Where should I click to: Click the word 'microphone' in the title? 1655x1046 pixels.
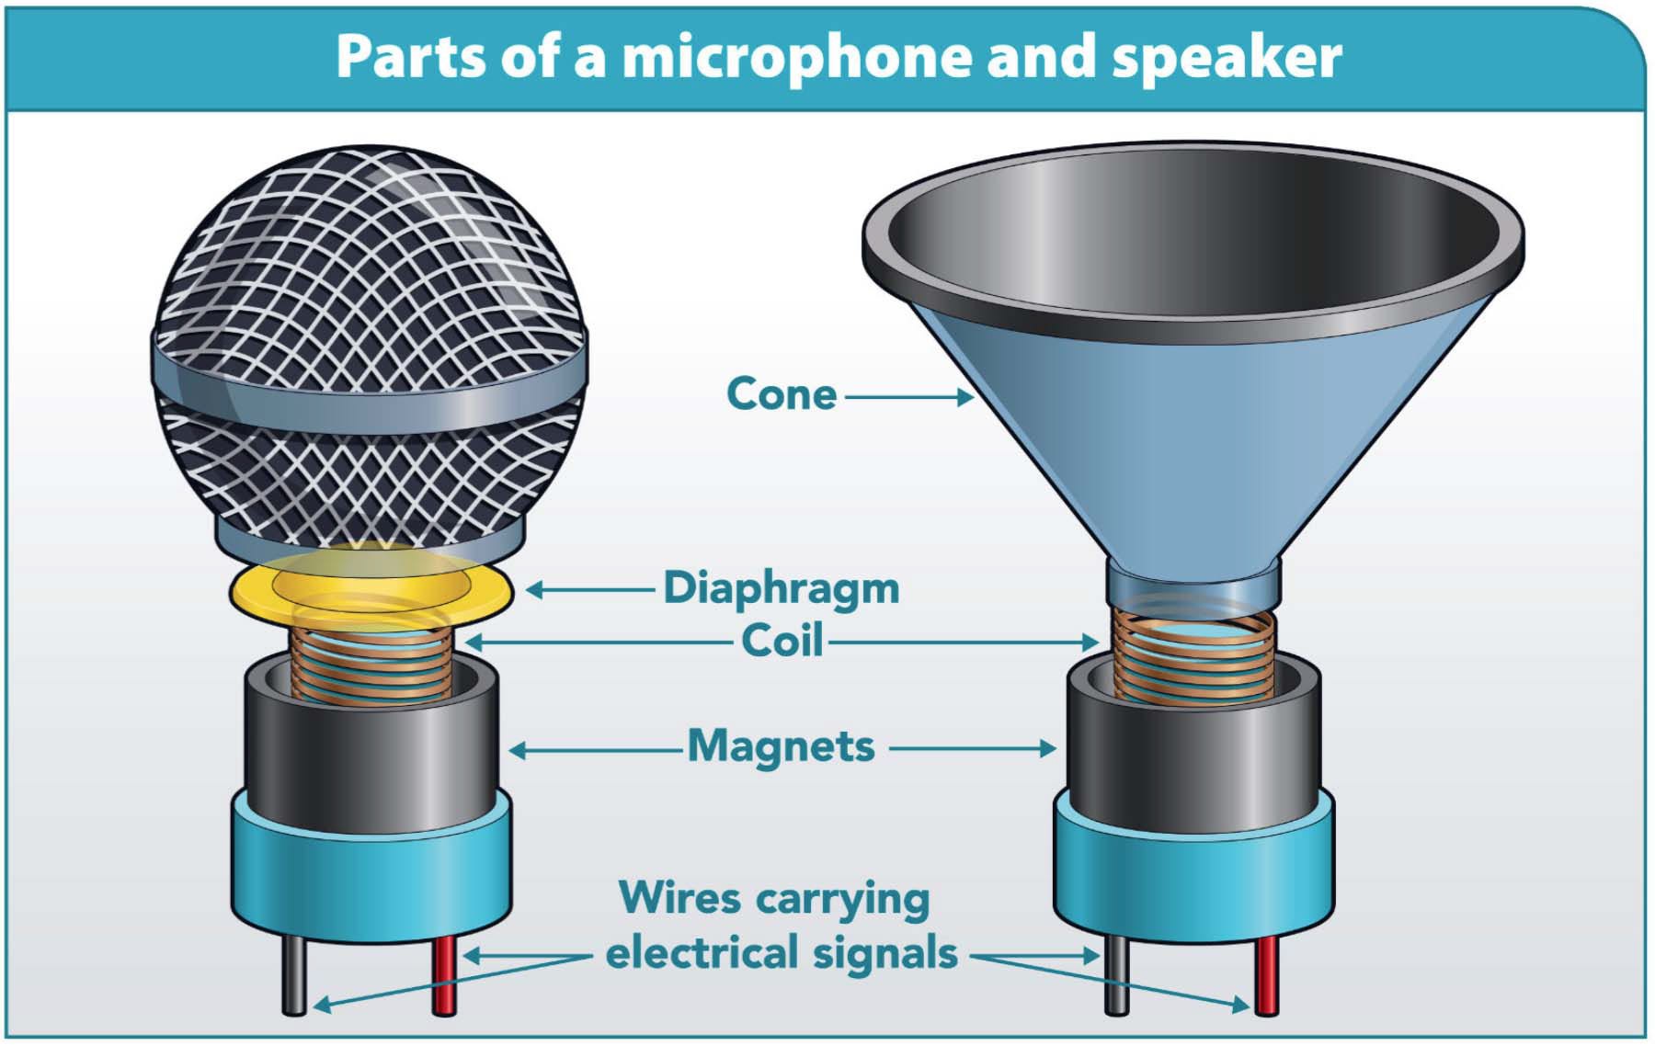coord(796,57)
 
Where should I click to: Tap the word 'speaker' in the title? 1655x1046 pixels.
coord(1227,57)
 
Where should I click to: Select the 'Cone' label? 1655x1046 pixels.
coord(782,394)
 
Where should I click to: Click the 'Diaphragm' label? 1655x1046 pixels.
coord(782,588)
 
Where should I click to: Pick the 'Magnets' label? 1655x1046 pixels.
coord(782,746)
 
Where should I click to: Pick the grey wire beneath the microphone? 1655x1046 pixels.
coord(294,979)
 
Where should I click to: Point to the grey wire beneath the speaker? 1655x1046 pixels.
coord(1115,979)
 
